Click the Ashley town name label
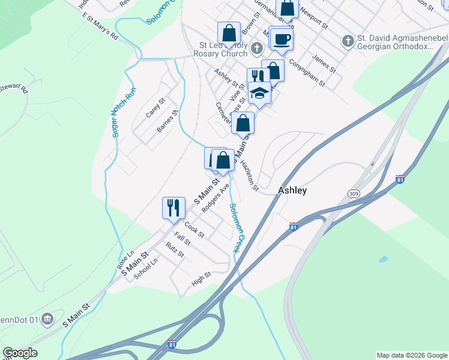pos(292,190)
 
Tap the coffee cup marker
pos(282,40)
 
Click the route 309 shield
pos(353,193)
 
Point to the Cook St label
pos(195,228)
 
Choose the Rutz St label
pos(175,250)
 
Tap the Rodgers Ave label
pos(216,197)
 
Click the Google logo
pos(20,353)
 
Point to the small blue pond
pos(382,260)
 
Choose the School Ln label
pos(146,268)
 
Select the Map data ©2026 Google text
pos(411,355)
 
